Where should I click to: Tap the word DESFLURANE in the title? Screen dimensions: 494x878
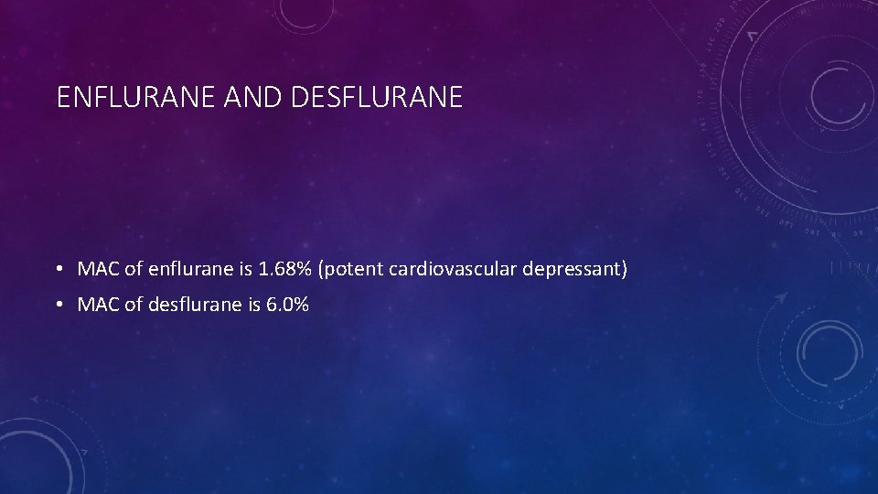click(376, 98)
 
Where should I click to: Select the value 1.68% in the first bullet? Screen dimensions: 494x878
click(284, 270)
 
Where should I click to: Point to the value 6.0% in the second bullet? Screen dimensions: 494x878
click(287, 305)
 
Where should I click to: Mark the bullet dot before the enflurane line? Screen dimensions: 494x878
click(58, 270)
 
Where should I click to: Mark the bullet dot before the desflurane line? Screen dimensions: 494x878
click(58, 305)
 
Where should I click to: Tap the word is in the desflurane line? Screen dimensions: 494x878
click(253, 305)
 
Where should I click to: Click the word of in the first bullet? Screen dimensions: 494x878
click(132, 270)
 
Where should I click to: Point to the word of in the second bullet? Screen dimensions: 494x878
click(132, 305)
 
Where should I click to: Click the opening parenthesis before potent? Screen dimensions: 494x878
click(321, 270)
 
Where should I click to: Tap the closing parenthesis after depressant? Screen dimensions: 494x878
click(624, 270)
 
